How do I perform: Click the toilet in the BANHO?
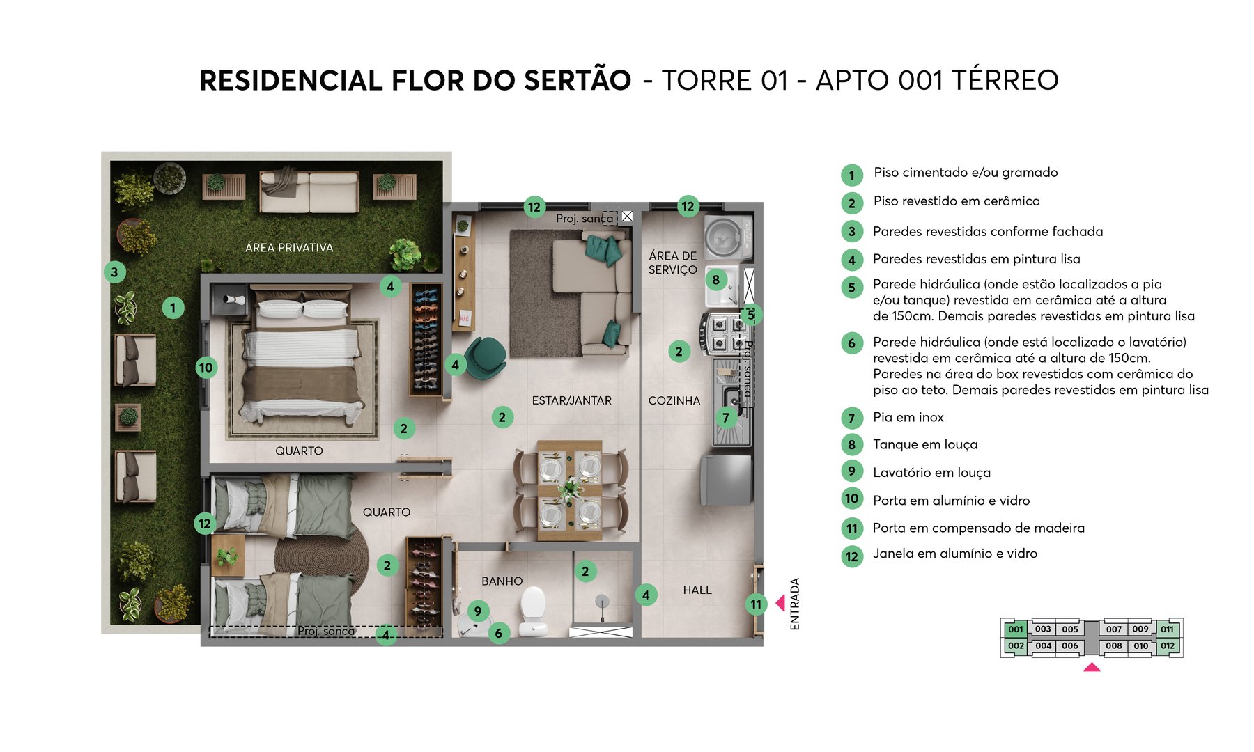coord(534,610)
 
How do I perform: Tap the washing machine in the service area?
coord(728,237)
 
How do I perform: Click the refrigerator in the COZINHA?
coord(727,480)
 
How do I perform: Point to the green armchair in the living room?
coord(485,357)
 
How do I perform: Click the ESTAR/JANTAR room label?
coord(571,400)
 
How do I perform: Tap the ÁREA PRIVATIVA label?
coord(289,247)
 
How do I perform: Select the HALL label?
coord(697,590)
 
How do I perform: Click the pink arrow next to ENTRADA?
coord(781,602)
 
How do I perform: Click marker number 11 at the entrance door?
coord(756,604)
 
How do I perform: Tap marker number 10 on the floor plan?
coord(206,368)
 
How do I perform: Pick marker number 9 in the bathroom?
coord(477,611)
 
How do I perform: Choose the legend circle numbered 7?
coord(851,418)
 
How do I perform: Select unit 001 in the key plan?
coord(1016,629)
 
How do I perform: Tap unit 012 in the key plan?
coord(1168,645)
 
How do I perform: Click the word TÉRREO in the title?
coord(1005,80)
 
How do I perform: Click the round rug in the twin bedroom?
coord(322,557)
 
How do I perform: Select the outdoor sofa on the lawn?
coord(309,191)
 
